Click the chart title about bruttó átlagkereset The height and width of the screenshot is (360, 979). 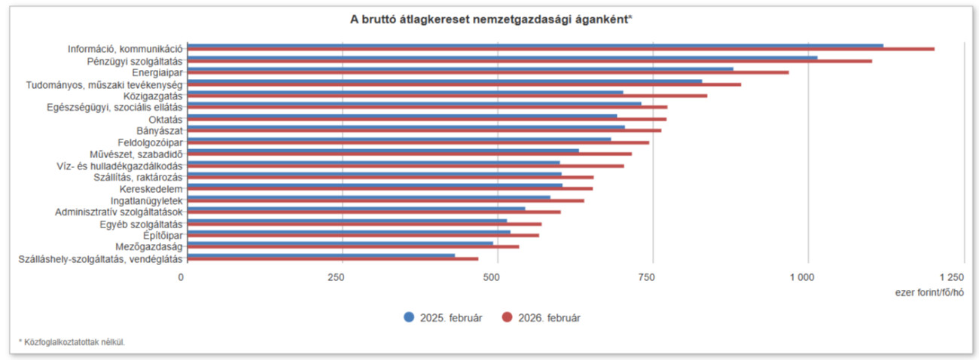(490, 20)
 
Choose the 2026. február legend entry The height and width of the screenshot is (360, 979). (540, 317)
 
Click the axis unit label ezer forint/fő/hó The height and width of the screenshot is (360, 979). (929, 291)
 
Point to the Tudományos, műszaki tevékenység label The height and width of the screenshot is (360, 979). (104, 84)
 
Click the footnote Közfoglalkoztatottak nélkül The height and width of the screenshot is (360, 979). (72, 343)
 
